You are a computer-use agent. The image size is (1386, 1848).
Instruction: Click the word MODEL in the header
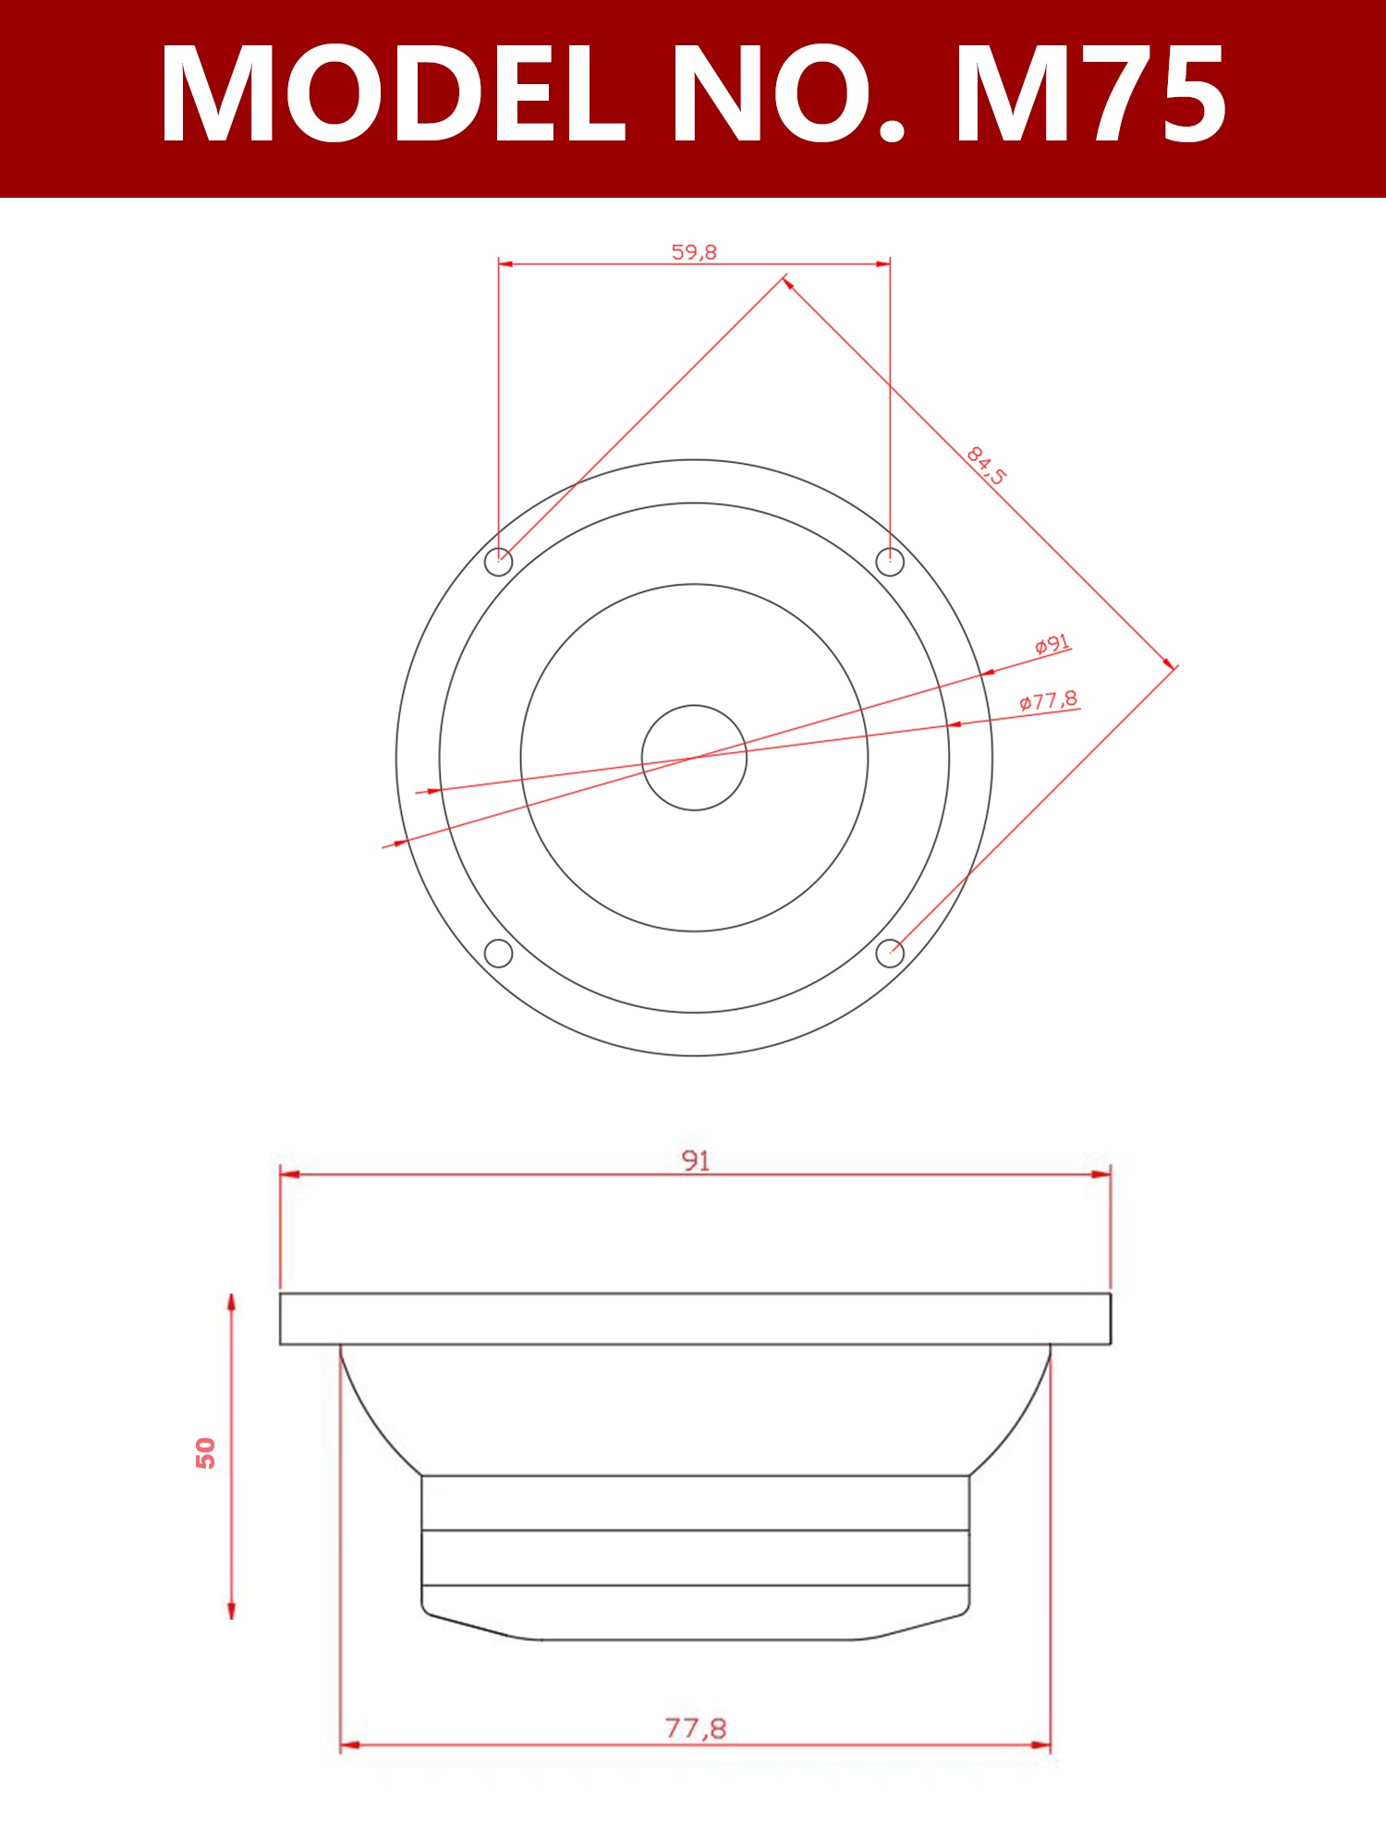tap(393, 94)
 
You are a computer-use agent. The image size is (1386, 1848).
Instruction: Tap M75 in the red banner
tap(1090, 94)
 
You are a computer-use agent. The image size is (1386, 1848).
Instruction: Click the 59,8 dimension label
tap(694, 251)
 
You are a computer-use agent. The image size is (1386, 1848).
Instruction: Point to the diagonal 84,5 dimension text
tap(986, 465)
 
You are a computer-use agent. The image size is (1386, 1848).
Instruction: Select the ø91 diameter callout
tap(1052, 644)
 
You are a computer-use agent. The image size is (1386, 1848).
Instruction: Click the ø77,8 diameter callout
tap(1048, 700)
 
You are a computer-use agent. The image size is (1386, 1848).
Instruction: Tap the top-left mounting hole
tap(499, 562)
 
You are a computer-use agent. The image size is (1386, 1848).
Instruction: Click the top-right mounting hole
tap(890, 561)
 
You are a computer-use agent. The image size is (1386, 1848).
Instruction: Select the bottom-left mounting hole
tap(499, 953)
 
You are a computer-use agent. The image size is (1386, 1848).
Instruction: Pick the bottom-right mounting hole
tap(890, 953)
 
